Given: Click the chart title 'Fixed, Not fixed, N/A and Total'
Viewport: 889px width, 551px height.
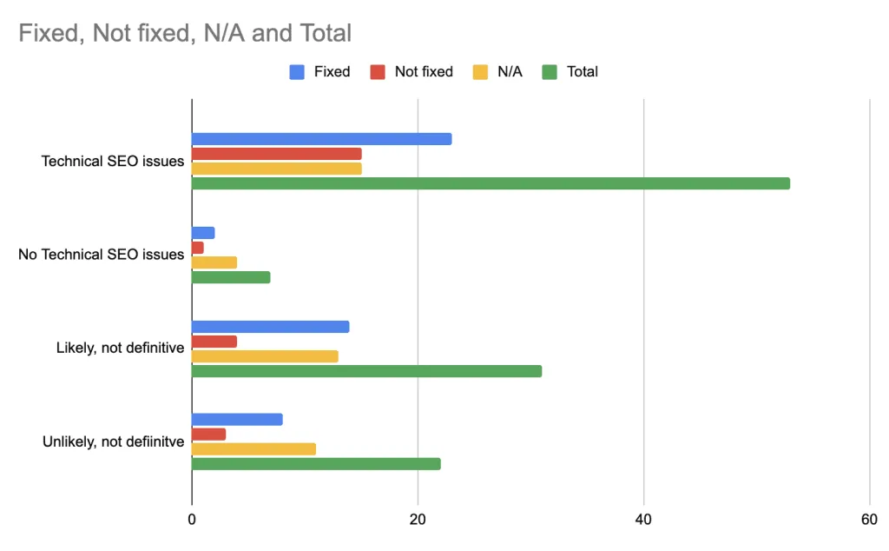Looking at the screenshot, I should pos(185,34).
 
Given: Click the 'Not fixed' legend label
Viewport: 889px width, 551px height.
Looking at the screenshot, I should pos(424,72).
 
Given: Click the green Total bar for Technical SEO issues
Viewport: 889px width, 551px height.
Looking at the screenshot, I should pos(491,183).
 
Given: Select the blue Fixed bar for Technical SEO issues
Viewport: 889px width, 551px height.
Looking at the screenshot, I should pos(321,139).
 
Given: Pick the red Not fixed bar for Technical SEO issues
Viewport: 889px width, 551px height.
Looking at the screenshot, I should pos(276,154).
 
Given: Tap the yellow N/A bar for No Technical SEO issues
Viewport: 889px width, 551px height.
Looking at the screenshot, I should pos(214,262).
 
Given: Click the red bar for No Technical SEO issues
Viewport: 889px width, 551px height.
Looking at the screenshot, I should pos(198,248).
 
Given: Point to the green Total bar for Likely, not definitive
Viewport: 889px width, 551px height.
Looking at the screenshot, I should pos(366,371).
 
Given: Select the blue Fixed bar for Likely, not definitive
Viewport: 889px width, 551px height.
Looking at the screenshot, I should pos(270,327).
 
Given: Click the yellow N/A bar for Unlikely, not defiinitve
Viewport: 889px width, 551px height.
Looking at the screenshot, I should pos(254,448).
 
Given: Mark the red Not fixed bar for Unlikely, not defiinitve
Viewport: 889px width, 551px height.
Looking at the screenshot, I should pos(209,434).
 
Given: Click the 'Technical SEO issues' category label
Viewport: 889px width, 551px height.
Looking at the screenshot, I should pos(113,161).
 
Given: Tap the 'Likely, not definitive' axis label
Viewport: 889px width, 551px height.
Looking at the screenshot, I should pos(120,349).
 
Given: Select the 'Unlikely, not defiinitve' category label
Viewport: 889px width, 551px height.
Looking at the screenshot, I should pos(114,441).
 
